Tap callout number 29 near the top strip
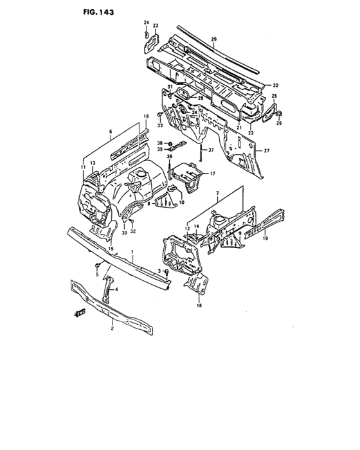click(213, 40)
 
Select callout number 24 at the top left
click(145, 22)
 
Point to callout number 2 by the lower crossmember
click(112, 328)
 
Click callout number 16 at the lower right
click(199, 306)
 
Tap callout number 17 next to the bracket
click(212, 173)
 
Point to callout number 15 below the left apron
click(111, 248)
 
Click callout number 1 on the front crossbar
click(132, 253)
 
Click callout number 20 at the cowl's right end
click(275, 85)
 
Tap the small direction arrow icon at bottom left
click(80, 313)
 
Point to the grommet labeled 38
click(168, 143)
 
